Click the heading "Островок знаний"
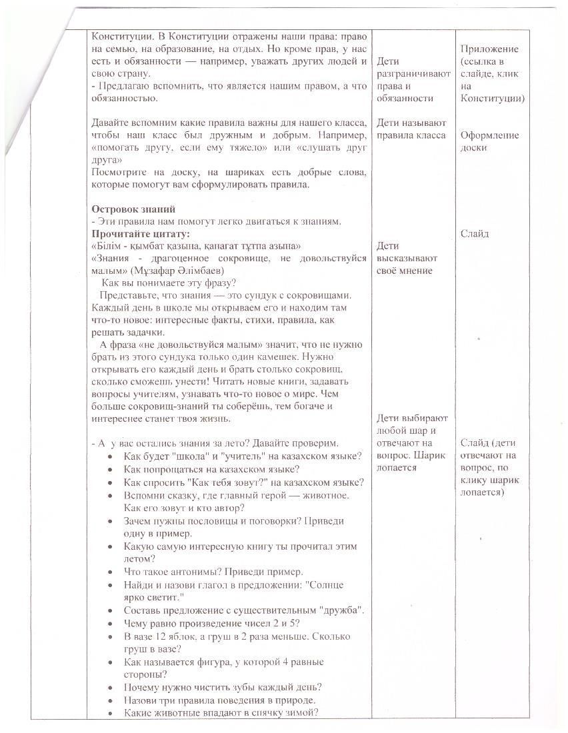[x=133, y=209]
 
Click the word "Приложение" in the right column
[x=489, y=49]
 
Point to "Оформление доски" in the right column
[x=489, y=141]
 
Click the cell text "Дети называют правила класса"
[x=411, y=129]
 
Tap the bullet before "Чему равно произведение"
[x=110, y=623]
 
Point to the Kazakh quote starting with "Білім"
[x=196, y=246]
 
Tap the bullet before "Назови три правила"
[x=110, y=700]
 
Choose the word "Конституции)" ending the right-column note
[x=492, y=98]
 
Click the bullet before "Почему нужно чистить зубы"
[x=110, y=687]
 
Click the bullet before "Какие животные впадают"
[x=110, y=712]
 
